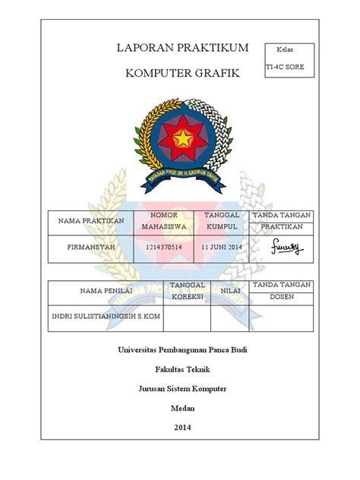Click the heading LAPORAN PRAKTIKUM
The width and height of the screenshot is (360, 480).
182,48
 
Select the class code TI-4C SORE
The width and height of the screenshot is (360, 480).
286,68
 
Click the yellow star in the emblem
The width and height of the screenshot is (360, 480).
184,137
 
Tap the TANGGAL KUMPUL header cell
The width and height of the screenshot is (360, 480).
221,221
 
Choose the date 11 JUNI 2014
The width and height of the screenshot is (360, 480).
221,248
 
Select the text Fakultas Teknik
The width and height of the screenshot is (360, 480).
182,369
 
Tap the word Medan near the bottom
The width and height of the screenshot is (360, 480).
182,408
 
